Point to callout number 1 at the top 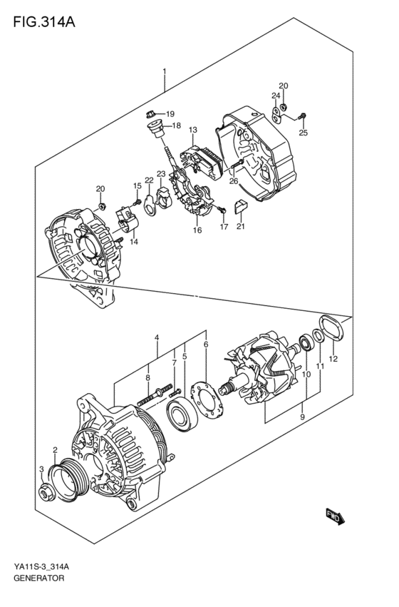[165, 71]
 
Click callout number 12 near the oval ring [333, 358]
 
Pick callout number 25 [303, 133]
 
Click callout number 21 [239, 227]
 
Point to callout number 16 [197, 230]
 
